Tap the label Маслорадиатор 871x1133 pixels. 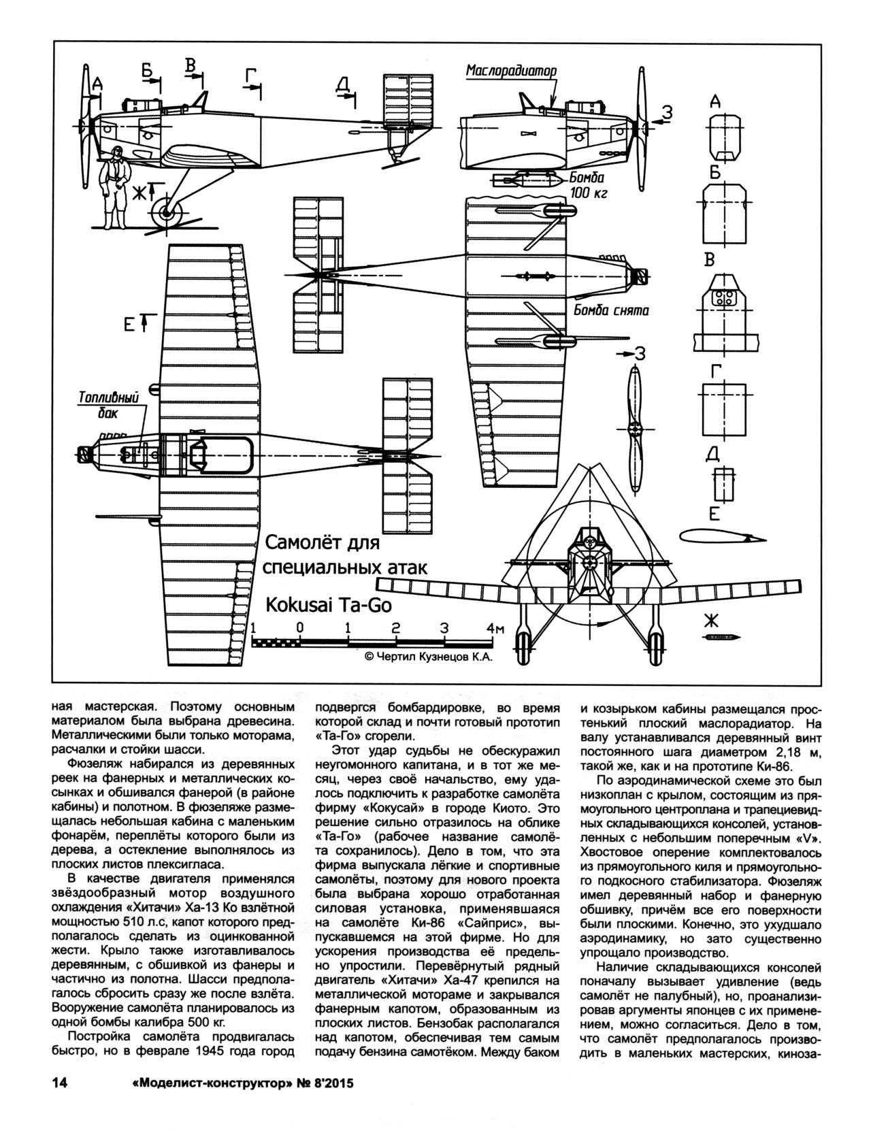[x=511, y=71]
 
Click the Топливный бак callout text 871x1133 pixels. [x=109, y=405]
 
